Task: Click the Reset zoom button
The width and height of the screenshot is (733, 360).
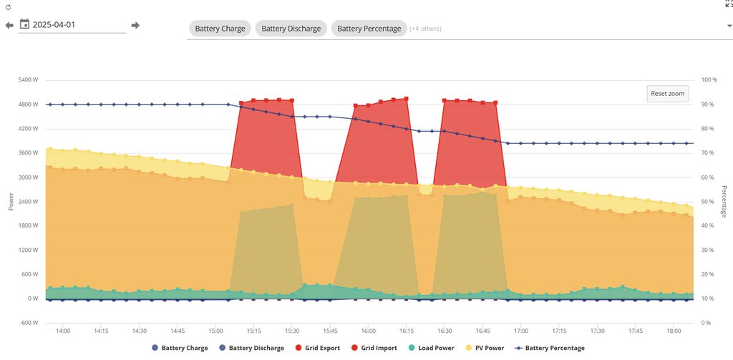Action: click(667, 94)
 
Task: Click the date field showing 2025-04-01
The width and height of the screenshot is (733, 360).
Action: click(79, 25)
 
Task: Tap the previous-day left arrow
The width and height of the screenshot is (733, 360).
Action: click(9, 25)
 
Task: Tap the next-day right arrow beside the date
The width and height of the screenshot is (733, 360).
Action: click(135, 25)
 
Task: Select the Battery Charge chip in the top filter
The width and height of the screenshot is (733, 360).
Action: click(220, 29)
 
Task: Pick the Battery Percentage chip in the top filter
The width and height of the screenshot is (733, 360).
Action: click(369, 29)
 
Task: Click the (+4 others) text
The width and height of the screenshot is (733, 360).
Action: click(425, 29)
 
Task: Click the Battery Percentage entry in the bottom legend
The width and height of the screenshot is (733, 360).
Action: click(550, 348)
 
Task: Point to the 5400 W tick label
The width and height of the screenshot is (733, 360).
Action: click(27, 80)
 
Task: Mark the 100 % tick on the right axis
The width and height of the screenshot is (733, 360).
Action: click(709, 80)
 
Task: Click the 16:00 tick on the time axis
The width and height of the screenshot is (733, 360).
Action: click(368, 331)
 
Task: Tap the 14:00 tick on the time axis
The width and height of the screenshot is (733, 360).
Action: click(62, 331)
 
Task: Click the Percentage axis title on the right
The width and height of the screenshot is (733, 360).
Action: click(724, 202)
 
